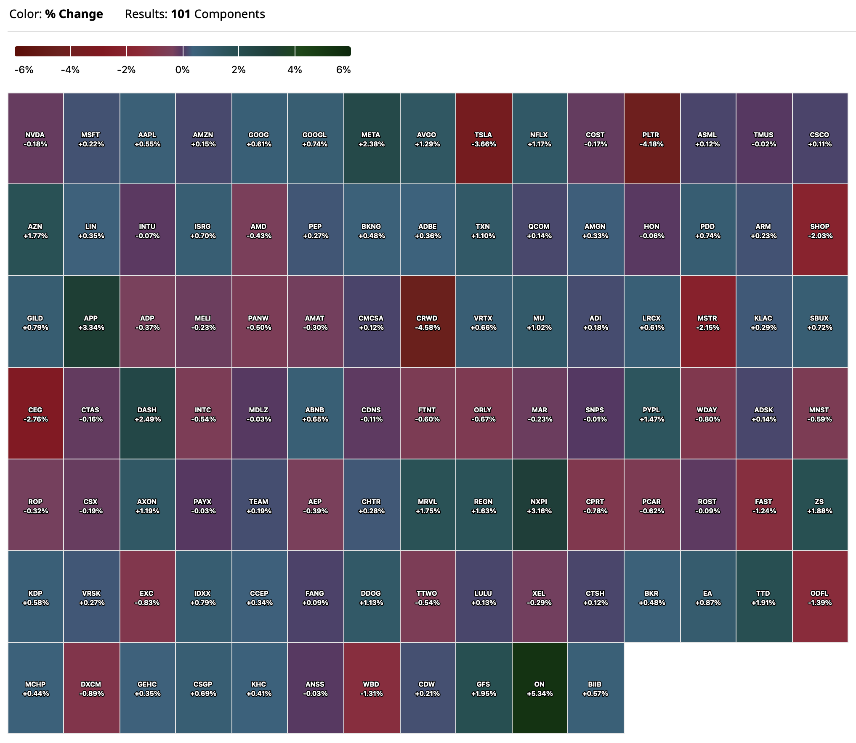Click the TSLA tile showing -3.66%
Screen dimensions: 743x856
coord(483,139)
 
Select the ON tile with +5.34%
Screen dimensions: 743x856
coord(540,688)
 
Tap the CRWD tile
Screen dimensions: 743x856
coord(427,322)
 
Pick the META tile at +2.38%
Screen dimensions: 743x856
coord(371,139)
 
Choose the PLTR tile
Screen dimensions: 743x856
coord(651,139)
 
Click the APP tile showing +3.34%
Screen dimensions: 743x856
coord(91,322)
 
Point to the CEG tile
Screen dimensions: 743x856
coord(35,414)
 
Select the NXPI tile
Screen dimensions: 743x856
coord(540,506)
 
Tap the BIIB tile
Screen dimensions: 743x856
coord(595,688)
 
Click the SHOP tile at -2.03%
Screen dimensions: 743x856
coord(820,231)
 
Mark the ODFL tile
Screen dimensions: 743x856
coord(820,597)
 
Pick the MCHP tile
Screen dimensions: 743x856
coord(35,688)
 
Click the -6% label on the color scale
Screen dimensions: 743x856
coord(24,70)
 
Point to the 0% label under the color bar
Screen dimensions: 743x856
coord(182,70)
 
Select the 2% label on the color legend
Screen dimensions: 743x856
coord(238,70)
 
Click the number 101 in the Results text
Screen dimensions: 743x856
coord(181,14)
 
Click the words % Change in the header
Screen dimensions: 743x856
coord(74,14)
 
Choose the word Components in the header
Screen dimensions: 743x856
coord(229,14)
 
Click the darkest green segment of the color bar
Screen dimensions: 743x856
coord(323,51)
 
